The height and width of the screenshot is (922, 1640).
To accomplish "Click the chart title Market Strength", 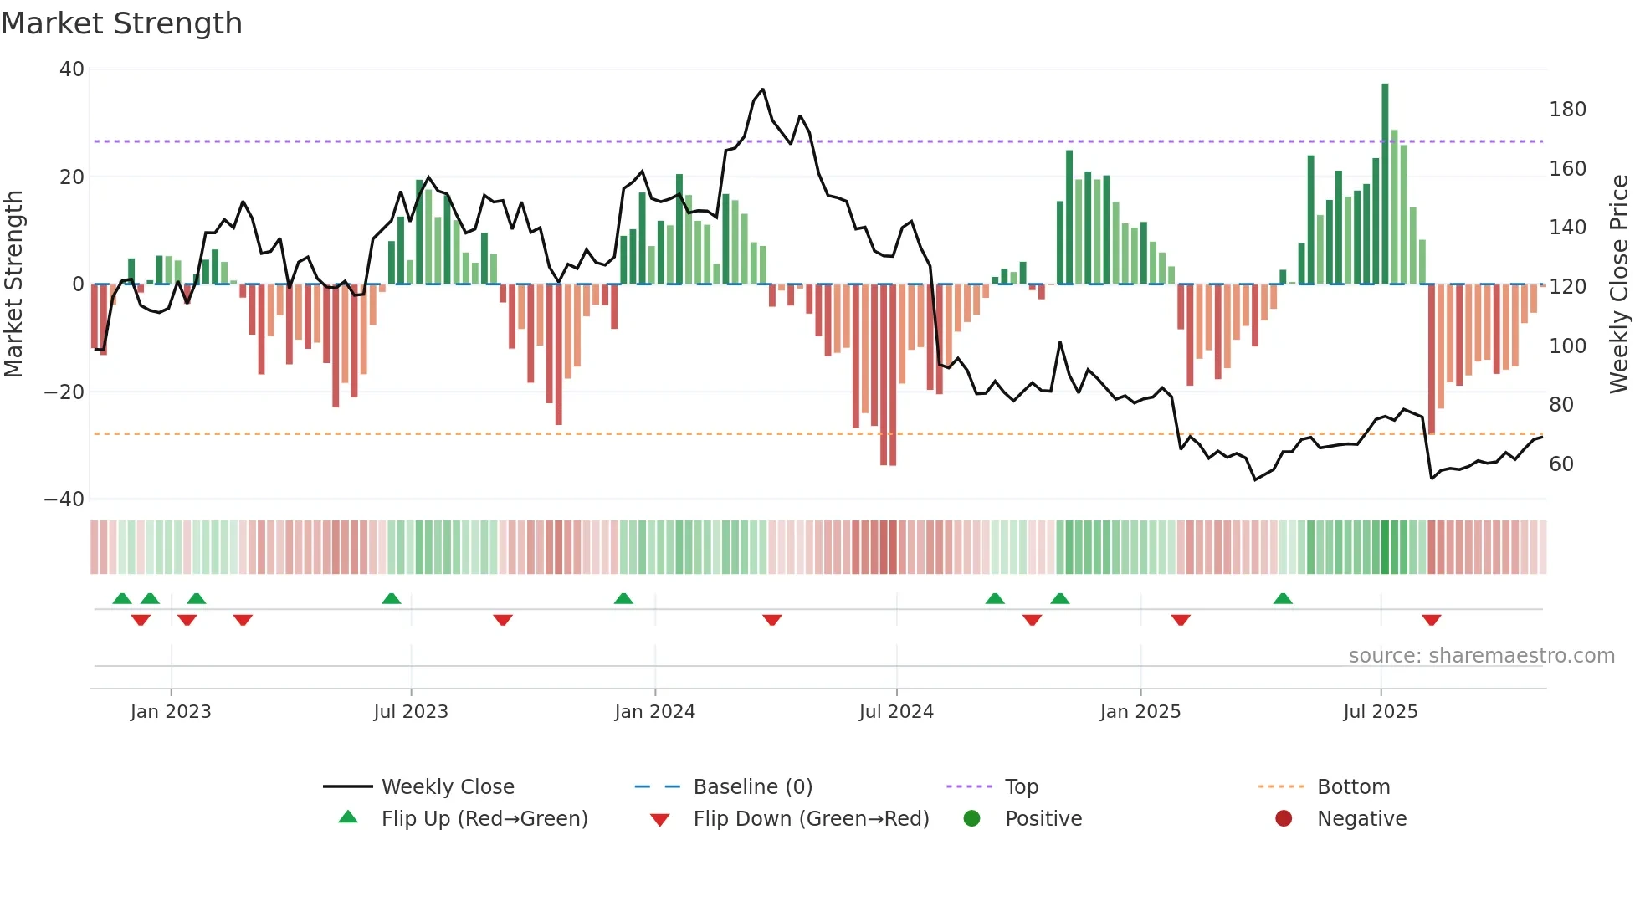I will pyautogui.click(x=121, y=23).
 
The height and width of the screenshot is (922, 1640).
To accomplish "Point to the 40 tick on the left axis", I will pyautogui.click(x=72, y=69).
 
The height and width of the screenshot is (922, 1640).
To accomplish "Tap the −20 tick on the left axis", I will pyautogui.click(x=64, y=392).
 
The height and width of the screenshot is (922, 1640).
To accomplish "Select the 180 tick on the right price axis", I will pyautogui.click(x=1567, y=110).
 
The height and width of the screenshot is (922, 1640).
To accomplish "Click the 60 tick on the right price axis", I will pyautogui.click(x=1561, y=464).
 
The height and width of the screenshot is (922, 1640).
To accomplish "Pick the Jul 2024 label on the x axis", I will pyautogui.click(x=896, y=712).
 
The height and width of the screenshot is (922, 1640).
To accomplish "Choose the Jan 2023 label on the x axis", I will pyautogui.click(x=171, y=712).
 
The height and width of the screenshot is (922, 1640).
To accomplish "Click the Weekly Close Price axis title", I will pyautogui.click(x=1619, y=284).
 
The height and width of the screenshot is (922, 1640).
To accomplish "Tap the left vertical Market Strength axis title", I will pyautogui.click(x=13, y=284).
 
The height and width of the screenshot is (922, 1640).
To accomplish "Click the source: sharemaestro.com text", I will pyautogui.click(x=1481, y=656).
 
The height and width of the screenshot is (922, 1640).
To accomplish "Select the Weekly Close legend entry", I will pyautogui.click(x=448, y=787).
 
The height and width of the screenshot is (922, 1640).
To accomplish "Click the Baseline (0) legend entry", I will pyautogui.click(x=752, y=787).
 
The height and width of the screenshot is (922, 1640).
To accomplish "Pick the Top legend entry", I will pyautogui.click(x=1021, y=787).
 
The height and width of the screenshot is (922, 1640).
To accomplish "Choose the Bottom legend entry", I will pyautogui.click(x=1353, y=787).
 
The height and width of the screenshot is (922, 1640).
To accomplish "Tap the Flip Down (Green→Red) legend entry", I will pyautogui.click(x=810, y=819).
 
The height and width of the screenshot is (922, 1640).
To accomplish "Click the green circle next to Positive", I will pyautogui.click(x=971, y=818).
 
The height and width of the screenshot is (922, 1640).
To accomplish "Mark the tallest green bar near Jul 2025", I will pyautogui.click(x=1385, y=184).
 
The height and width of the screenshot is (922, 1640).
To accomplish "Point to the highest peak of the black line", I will pyautogui.click(x=762, y=90).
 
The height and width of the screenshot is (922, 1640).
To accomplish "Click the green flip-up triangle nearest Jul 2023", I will pyautogui.click(x=391, y=598).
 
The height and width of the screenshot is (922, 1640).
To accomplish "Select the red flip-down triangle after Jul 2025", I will pyautogui.click(x=1431, y=620).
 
